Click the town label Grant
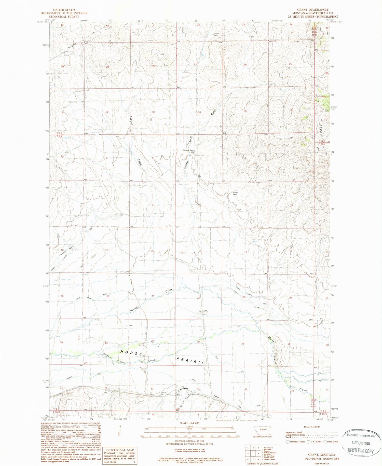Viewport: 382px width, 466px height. [185, 388]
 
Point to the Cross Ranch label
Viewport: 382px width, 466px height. [206, 311]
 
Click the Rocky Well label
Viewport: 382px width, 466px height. [235, 193]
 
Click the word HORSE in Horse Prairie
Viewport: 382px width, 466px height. [131, 353]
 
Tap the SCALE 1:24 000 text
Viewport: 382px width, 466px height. [190, 423]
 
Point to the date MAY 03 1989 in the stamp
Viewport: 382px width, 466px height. [361, 443]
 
